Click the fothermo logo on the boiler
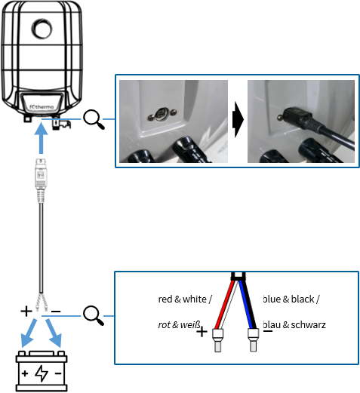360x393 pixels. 42,107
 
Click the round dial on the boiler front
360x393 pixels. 42,29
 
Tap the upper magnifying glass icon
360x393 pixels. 94,120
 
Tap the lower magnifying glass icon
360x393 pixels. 94,315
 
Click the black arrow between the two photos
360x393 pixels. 238,119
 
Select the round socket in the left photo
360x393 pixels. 162,114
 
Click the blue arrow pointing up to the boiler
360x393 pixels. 41,138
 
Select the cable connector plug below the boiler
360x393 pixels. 41,180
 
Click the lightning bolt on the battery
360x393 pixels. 42,373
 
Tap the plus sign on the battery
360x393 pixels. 25,373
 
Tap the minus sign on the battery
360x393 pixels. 58,373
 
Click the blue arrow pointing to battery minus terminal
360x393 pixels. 54,333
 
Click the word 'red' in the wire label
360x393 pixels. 165,299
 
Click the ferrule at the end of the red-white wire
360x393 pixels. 217,340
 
